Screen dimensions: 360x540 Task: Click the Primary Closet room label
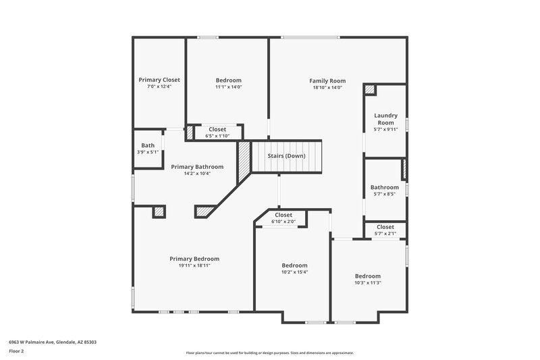pyautogui.click(x=159, y=80)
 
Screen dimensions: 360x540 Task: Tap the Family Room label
pyautogui.click(x=327, y=80)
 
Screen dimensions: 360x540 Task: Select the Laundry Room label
pyautogui.click(x=385, y=119)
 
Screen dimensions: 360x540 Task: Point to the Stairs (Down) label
pyautogui.click(x=286, y=156)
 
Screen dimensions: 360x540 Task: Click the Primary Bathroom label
pyautogui.click(x=197, y=166)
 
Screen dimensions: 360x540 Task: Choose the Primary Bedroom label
pyautogui.click(x=194, y=259)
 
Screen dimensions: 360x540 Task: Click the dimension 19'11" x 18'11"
pyautogui.click(x=194, y=265)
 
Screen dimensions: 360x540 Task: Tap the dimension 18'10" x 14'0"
pyautogui.click(x=327, y=87)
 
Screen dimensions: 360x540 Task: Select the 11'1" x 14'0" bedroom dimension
pyautogui.click(x=228, y=87)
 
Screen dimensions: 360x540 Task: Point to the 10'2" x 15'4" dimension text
pyautogui.click(x=294, y=272)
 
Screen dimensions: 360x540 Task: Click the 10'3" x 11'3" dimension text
pyautogui.click(x=368, y=283)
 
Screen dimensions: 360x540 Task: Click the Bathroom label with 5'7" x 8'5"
pyautogui.click(x=385, y=187)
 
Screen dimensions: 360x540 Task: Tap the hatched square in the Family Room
pyautogui.click(x=369, y=89)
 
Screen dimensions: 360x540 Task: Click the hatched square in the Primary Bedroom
pyautogui.click(x=159, y=212)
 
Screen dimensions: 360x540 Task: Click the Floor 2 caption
pyautogui.click(x=17, y=352)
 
